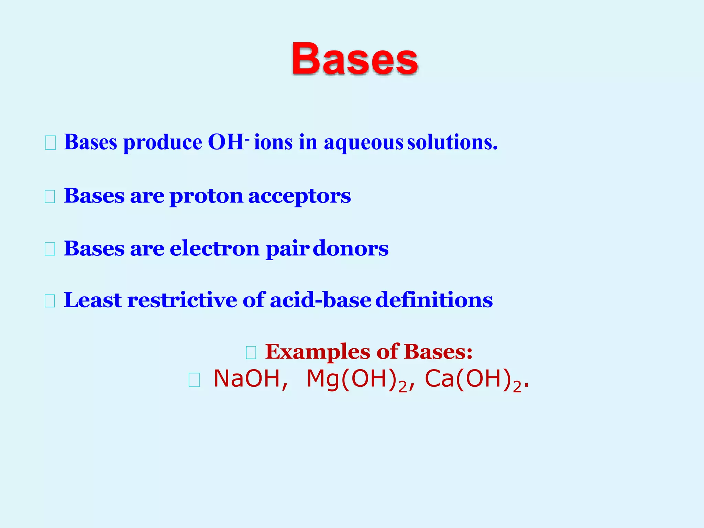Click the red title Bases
pyautogui.click(x=355, y=59)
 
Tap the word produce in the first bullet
pyautogui.click(x=163, y=143)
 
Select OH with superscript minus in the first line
pyautogui.click(x=228, y=142)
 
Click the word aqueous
pyautogui.click(x=363, y=143)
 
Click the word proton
pyautogui.click(x=206, y=196)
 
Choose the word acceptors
pyautogui.click(x=299, y=196)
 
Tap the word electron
pyautogui.click(x=214, y=248)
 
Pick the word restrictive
pyautogui.click(x=182, y=300)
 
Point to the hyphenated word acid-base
pyautogui.click(x=320, y=300)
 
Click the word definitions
pyautogui.click(x=434, y=300)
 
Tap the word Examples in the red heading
pyautogui.click(x=318, y=352)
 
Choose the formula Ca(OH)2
pyautogui.click(x=473, y=379)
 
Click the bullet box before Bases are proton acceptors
pyautogui.click(x=50, y=197)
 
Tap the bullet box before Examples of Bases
pyautogui.click(x=251, y=353)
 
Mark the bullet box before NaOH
pyautogui.click(x=194, y=380)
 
